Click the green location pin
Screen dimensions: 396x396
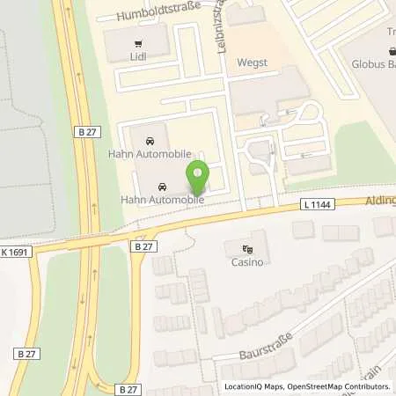pyautogui.click(x=199, y=177)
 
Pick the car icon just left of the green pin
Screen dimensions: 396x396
pyautogui.click(x=162, y=187)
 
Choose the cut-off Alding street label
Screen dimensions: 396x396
pyautogui.click(x=380, y=201)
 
